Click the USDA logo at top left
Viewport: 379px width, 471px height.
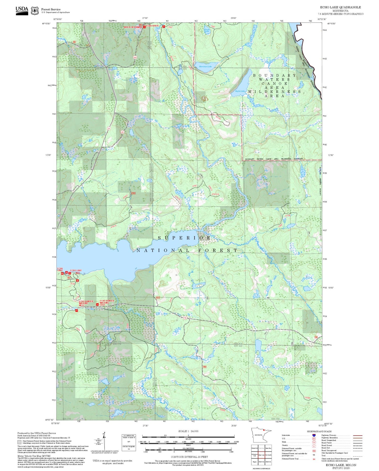coord(22,11)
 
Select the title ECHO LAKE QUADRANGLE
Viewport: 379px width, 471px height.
coord(340,7)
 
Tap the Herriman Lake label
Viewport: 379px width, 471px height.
coord(205,67)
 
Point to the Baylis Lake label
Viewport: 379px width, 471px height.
coord(240,91)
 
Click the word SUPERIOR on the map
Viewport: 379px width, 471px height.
coord(184,238)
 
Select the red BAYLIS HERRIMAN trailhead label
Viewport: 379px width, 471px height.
coord(133,27)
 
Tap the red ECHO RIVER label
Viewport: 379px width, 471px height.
coord(152,26)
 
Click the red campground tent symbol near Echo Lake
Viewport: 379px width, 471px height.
coord(78,281)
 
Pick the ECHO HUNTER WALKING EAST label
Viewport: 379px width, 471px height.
coord(107,303)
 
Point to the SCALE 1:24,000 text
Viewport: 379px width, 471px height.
coord(188,431)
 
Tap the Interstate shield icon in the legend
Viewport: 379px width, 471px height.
coord(314,435)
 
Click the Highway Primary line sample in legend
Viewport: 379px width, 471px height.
coord(358,435)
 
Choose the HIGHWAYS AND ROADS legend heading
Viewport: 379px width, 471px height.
coord(319,431)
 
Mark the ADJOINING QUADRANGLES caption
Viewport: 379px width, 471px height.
coord(261,468)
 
